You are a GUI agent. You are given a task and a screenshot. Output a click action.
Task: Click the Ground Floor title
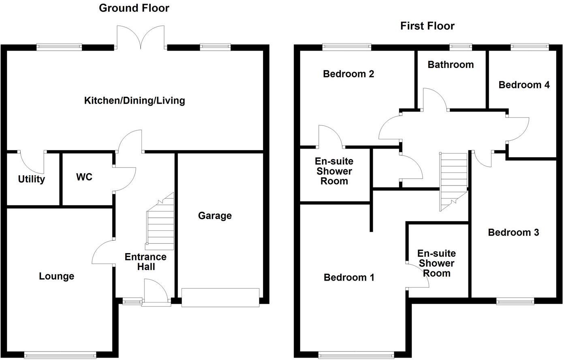click(134, 8)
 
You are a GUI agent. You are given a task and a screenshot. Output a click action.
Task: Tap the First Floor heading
click(427, 26)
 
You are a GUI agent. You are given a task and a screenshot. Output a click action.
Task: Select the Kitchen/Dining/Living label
click(135, 100)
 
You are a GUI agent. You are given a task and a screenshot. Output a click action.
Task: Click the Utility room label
click(32, 179)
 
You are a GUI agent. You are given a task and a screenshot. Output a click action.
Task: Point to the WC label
click(84, 177)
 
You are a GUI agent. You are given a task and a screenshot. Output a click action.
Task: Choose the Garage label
click(215, 215)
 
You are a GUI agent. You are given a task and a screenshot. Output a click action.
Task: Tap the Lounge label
click(56, 276)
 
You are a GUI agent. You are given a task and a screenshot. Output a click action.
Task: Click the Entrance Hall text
click(145, 262)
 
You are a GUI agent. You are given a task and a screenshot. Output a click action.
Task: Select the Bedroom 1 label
click(349, 277)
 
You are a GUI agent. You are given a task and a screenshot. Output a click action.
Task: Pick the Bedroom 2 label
click(348, 74)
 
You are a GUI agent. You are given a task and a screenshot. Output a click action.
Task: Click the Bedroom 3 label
click(513, 232)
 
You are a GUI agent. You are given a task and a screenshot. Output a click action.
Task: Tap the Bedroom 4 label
click(524, 85)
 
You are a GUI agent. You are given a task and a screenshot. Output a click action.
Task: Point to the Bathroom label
click(451, 65)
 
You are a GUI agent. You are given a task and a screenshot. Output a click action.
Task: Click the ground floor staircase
click(160, 222)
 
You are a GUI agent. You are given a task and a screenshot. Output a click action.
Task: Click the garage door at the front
click(220, 298)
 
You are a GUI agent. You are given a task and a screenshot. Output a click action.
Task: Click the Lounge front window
click(60, 355)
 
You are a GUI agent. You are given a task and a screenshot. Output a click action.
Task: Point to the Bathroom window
click(461, 47)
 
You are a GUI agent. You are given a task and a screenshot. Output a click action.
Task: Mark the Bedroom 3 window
click(515, 301)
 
